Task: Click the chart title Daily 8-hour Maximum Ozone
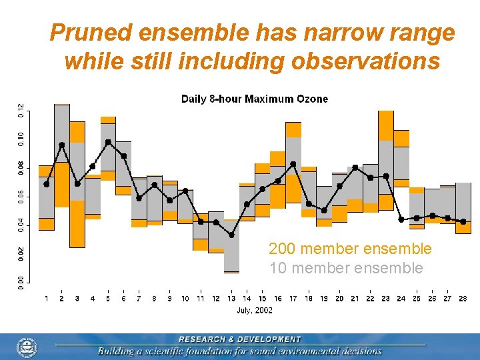coord(255,99)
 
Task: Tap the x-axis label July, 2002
coord(255,310)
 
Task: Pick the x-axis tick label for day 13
coord(231,298)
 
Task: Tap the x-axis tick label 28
coord(463,298)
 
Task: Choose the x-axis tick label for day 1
coord(46,298)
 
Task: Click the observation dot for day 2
coord(62,145)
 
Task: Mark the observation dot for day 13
coord(231,235)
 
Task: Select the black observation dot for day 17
coord(293,164)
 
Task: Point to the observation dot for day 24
coord(401,219)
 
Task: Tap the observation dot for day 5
coord(108,142)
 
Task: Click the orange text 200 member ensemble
coord(350,249)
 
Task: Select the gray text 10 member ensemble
coord(346,268)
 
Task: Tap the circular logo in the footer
coord(27,347)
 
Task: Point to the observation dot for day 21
coord(355,167)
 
